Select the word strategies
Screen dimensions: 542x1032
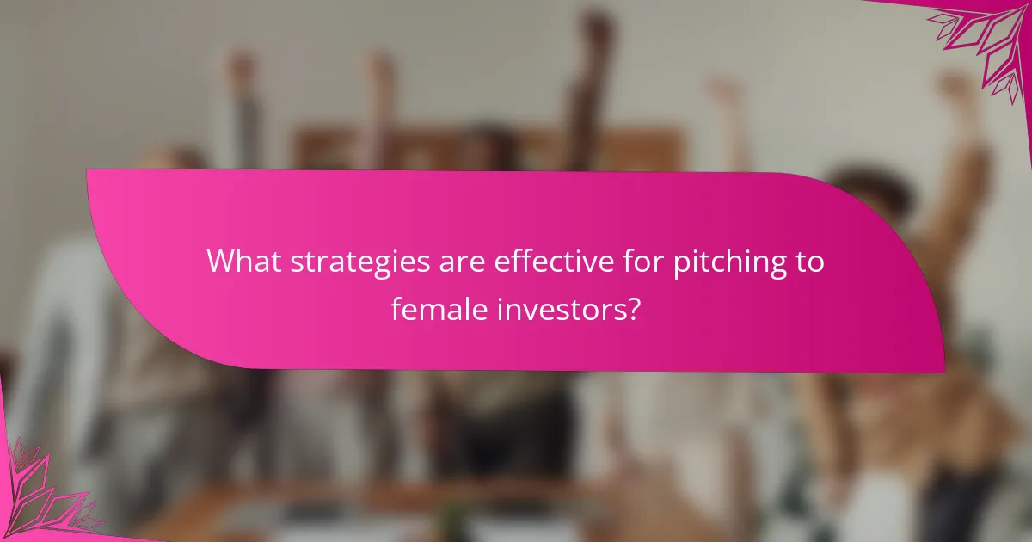343,262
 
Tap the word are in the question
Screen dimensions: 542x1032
435,262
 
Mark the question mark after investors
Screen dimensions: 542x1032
633,306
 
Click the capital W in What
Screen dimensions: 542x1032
221,260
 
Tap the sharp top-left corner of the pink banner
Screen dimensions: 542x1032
87,169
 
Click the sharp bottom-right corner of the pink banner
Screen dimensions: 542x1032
944,372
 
